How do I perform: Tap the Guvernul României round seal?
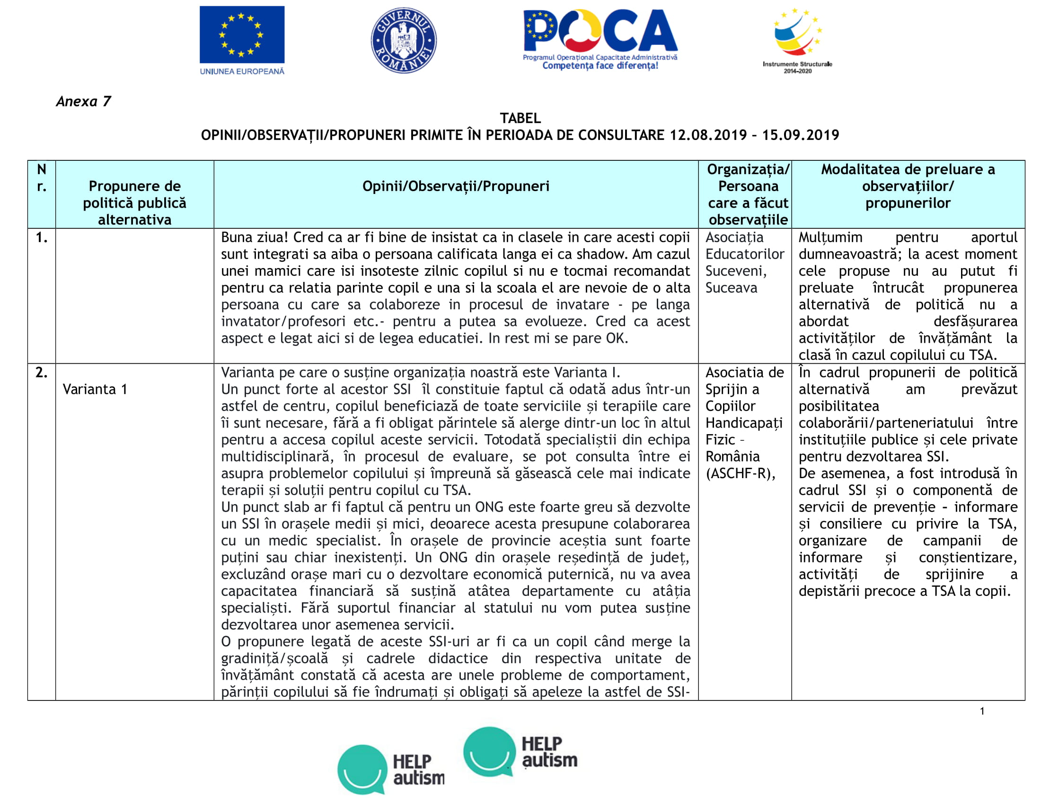(403, 40)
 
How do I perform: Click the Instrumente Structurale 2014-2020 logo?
(797, 40)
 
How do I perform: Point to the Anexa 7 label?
(83, 102)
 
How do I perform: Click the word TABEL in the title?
(520, 118)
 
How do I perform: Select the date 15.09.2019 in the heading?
(800, 135)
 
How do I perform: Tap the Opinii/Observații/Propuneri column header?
(456, 186)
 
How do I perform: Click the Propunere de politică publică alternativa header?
(134, 203)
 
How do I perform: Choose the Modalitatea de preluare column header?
(908, 186)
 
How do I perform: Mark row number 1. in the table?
(42, 237)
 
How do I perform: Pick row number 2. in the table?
(42, 373)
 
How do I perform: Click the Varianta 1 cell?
(95, 389)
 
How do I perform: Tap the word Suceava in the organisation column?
(731, 288)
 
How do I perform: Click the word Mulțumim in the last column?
(830, 237)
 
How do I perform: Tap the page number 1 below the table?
(982, 711)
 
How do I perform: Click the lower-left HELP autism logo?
(391, 769)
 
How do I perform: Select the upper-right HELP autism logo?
(520, 752)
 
